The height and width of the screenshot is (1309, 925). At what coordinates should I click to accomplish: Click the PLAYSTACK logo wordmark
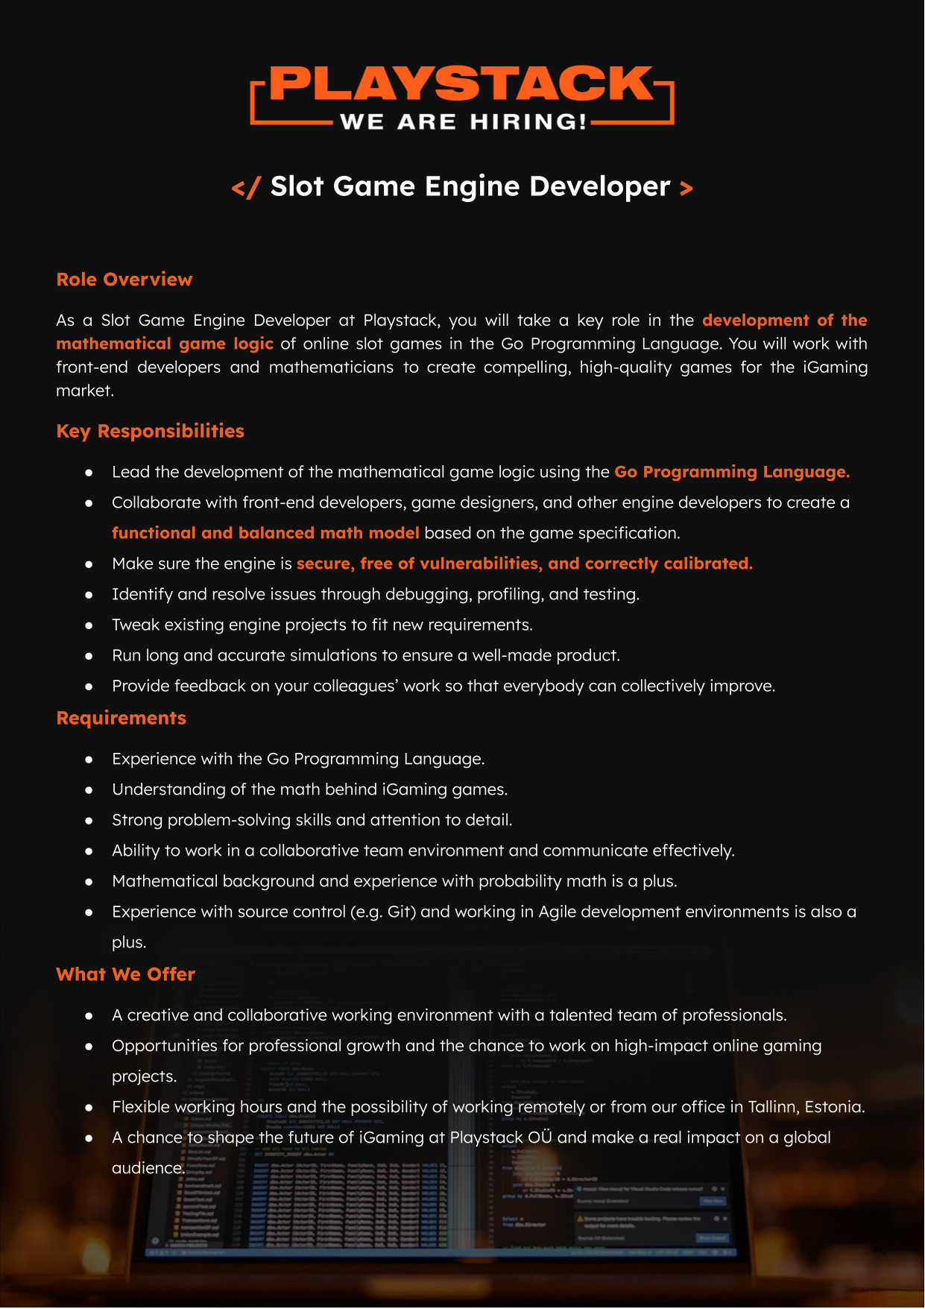(x=462, y=83)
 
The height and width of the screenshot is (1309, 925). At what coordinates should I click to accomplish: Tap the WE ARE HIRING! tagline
(x=463, y=122)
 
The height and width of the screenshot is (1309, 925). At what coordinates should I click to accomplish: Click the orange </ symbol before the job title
(x=246, y=187)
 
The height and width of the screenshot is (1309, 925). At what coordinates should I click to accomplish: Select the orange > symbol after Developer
(x=686, y=187)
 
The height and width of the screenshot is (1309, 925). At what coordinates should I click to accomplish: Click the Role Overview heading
(x=124, y=280)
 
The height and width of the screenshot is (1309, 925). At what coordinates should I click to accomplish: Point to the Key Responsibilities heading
(x=150, y=431)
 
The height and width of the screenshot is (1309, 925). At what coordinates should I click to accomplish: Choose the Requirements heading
(x=121, y=718)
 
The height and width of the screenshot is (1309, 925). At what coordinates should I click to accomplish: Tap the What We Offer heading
(x=125, y=974)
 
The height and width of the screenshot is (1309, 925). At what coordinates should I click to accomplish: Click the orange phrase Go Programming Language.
(x=731, y=472)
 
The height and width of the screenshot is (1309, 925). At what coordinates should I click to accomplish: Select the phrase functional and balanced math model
(x=265, y=533)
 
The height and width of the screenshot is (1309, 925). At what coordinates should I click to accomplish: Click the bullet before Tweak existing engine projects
(x=89, y=625)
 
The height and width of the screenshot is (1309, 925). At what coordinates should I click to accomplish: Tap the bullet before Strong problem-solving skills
(x=89, y=821)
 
